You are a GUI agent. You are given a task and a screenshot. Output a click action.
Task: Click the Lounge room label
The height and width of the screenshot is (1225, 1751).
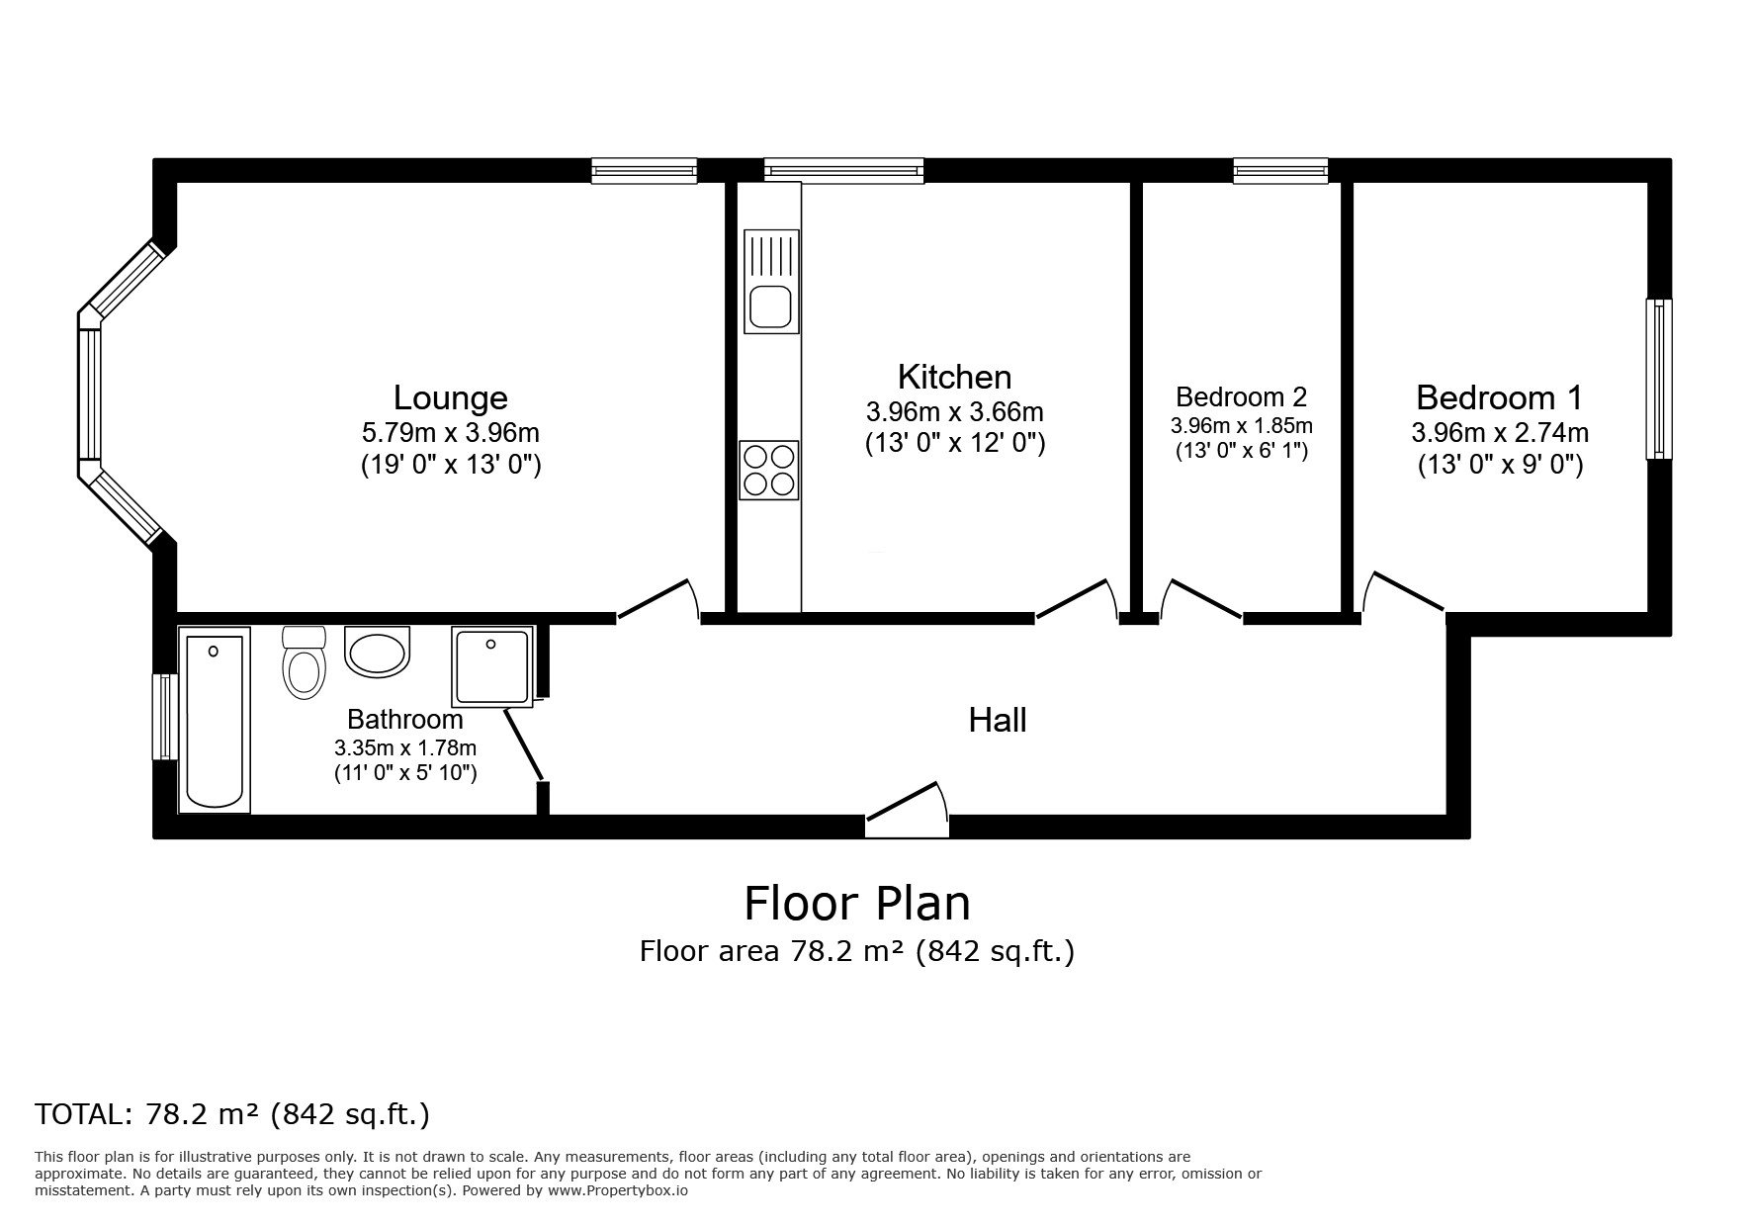tap(450, 397)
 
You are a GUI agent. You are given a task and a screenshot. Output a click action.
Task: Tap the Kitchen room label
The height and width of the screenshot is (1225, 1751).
tap(954, 377)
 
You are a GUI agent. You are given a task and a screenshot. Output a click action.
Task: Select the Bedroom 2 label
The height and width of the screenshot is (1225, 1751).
tap(1241, 396)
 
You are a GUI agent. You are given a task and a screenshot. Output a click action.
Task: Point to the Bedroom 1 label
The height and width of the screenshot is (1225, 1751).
tap(1499, 397)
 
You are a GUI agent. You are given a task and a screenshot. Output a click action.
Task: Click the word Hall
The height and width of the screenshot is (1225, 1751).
tap(998, 720)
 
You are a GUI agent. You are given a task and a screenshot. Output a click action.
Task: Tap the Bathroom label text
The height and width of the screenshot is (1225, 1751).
tap(404, 720)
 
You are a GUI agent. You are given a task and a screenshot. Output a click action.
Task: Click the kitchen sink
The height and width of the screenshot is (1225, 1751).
tap(771, 281)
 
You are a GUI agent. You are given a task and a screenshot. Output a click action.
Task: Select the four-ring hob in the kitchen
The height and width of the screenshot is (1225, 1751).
tap(769, 471)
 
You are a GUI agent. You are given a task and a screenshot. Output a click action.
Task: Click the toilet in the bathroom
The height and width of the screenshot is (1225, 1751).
tap(304, 661)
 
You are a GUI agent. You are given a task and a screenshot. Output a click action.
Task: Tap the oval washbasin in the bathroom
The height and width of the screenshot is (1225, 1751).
tap(377, 652)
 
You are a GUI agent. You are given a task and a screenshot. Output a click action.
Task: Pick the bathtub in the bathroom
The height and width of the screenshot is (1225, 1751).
tap(215, 721)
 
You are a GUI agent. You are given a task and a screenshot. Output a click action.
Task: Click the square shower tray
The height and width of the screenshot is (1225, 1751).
tap(491, 665)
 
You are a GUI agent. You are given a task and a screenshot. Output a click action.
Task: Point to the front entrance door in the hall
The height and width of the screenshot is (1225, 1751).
tap(907, 803)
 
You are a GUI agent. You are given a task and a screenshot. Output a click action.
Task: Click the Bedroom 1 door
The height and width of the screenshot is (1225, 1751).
tap(1403, 593)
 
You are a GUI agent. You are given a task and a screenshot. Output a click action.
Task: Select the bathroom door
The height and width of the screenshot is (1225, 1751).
tap(524, 744)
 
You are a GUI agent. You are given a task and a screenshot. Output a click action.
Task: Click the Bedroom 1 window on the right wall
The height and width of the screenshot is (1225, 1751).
tap(1658, 379)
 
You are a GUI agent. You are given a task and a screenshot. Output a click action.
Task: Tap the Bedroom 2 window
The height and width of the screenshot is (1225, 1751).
tap(1280, 172)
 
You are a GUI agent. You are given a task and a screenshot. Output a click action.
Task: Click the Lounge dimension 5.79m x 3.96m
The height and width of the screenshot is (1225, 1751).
tap(451, 433)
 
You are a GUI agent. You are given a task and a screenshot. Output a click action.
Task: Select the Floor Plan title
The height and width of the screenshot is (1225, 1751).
tap(856, 903)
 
